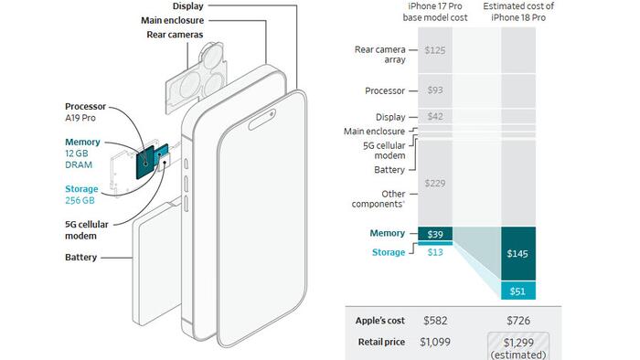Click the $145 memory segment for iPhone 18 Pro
[x=518, y=254]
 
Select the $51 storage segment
[x=518, y=291]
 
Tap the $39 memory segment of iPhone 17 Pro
[x=435, y=234]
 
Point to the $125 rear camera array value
[x=435, y=50]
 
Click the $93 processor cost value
[x=435, y=90]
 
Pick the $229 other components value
[x=435, y=184]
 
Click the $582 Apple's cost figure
[x=435, y=321]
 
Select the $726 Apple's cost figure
[x=518, y=321]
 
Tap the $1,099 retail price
[x=435, y=342]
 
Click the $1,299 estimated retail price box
[x=518, y=346]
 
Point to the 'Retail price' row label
[x=381, y=342]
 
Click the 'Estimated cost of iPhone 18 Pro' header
[x=518, y=12]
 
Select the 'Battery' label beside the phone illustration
[x=80, y=258]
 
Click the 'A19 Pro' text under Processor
[x=80, y=118]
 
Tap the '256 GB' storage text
[x=80, y=201]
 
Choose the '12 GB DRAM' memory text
[x=79, y=159]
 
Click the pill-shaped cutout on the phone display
[x=262, y=120]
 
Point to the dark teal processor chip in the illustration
[x=144, y=163]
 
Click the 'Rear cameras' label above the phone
[x=175, y=35]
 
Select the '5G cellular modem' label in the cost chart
[x=384, y=151]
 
